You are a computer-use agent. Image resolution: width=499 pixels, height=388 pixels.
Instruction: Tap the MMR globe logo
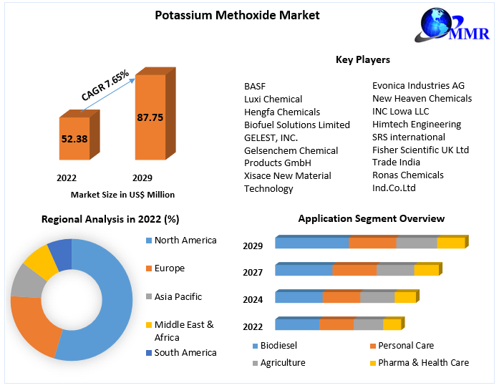click(443, 27)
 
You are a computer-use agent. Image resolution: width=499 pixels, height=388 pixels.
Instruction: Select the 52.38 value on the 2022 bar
click(74, 139)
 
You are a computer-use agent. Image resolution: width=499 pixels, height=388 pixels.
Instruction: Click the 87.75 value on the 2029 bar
click(150, 117)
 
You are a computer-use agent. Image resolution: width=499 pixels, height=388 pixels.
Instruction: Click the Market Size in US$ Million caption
click(122, 194)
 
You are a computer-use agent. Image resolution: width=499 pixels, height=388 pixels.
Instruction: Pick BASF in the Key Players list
click(255, 86)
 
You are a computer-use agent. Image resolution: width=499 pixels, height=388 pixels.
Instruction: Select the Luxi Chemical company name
click(273, 99)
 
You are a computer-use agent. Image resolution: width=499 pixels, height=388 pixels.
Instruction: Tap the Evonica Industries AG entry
click(418, 85)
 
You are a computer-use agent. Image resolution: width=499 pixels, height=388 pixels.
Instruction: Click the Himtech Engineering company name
click(417, 124)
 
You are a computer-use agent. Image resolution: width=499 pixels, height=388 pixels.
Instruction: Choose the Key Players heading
click(362, 59)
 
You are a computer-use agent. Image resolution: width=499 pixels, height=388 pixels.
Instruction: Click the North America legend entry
click(185, 241)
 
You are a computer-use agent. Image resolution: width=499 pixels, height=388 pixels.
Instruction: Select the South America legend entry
click(185, 352)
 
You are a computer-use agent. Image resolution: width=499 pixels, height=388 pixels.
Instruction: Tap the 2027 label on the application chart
click(253, 272)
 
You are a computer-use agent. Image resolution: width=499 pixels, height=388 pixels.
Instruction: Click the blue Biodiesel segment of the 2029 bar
click(312, 243)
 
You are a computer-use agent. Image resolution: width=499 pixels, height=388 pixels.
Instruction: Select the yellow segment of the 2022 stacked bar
click(392, 325)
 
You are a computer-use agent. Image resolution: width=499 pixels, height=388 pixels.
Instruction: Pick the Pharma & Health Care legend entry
click(423, 362)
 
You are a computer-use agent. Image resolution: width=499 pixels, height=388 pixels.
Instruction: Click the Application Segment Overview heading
click(371, 218)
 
